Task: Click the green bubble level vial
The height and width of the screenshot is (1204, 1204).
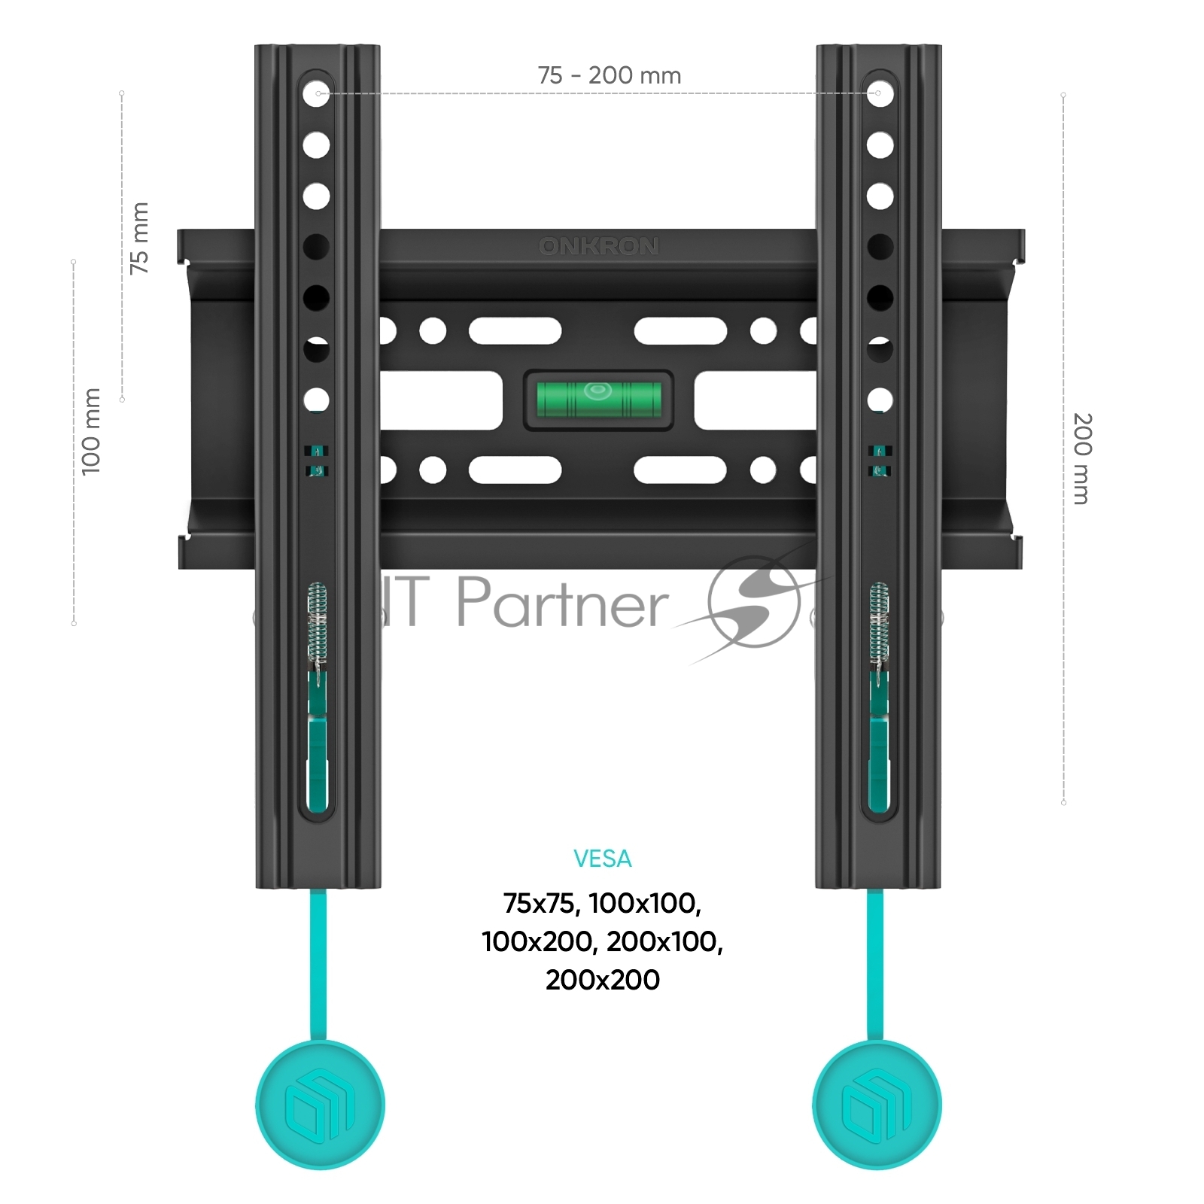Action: (598, 400)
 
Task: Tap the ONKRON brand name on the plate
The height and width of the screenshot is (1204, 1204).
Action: (599, 246)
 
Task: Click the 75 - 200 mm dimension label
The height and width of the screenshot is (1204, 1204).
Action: (610, 75)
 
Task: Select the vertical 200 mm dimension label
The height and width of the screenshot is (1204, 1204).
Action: (1081, 458)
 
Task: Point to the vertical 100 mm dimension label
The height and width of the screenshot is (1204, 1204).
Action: (91, 432)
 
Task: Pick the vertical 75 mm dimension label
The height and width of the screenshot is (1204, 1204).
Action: (139, 238)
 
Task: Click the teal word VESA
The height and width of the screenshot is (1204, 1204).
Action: (602, 859)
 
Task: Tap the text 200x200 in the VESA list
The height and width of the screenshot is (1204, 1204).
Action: (603, 980)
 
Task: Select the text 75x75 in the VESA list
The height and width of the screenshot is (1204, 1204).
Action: (541, 903)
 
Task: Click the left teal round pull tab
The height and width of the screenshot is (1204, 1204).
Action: (320, 1105)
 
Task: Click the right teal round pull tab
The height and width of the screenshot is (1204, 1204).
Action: (877, 1105)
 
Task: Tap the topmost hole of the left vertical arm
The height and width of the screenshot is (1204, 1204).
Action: (317, 93)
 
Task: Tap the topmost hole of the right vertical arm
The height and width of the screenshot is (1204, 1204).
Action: (879, 93)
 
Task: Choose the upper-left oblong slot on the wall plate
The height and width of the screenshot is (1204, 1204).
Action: (515, 330)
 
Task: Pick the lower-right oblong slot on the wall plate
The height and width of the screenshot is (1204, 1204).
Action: (680, 470)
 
